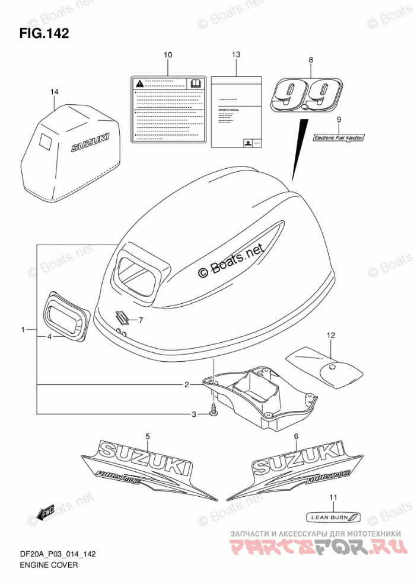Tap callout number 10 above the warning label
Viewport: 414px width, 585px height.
tap(168, 55)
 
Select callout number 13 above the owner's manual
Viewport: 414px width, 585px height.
tap(236, 55)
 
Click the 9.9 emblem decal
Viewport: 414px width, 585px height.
tap(306, 95)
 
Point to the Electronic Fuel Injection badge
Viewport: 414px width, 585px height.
tap(339, 137)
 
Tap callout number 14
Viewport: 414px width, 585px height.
tap(55, 92)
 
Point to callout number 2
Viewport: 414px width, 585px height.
tap(186, 385)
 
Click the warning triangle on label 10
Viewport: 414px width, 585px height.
tap(138, 83)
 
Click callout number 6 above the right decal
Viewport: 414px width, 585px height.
tap(295, 436)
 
